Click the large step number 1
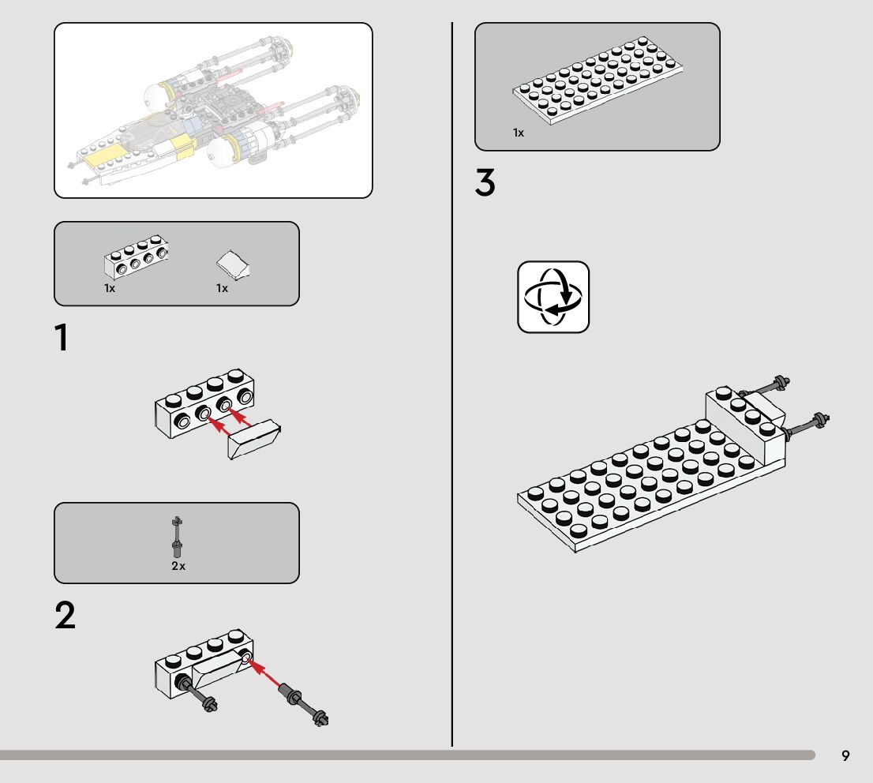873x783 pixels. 62,339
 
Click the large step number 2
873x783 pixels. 66,616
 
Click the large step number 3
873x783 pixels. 485,184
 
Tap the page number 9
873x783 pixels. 845,756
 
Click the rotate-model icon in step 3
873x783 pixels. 553,297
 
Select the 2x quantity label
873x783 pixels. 178,566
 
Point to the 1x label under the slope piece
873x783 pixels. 223,289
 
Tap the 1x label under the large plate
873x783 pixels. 519,133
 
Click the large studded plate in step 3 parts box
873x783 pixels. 598,83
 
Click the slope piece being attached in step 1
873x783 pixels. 255,440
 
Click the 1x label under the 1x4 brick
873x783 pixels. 110,289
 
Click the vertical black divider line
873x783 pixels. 452,395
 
